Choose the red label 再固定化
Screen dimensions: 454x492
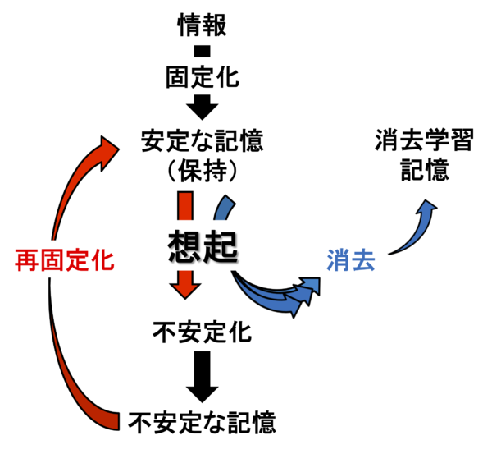tap(64, 261)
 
